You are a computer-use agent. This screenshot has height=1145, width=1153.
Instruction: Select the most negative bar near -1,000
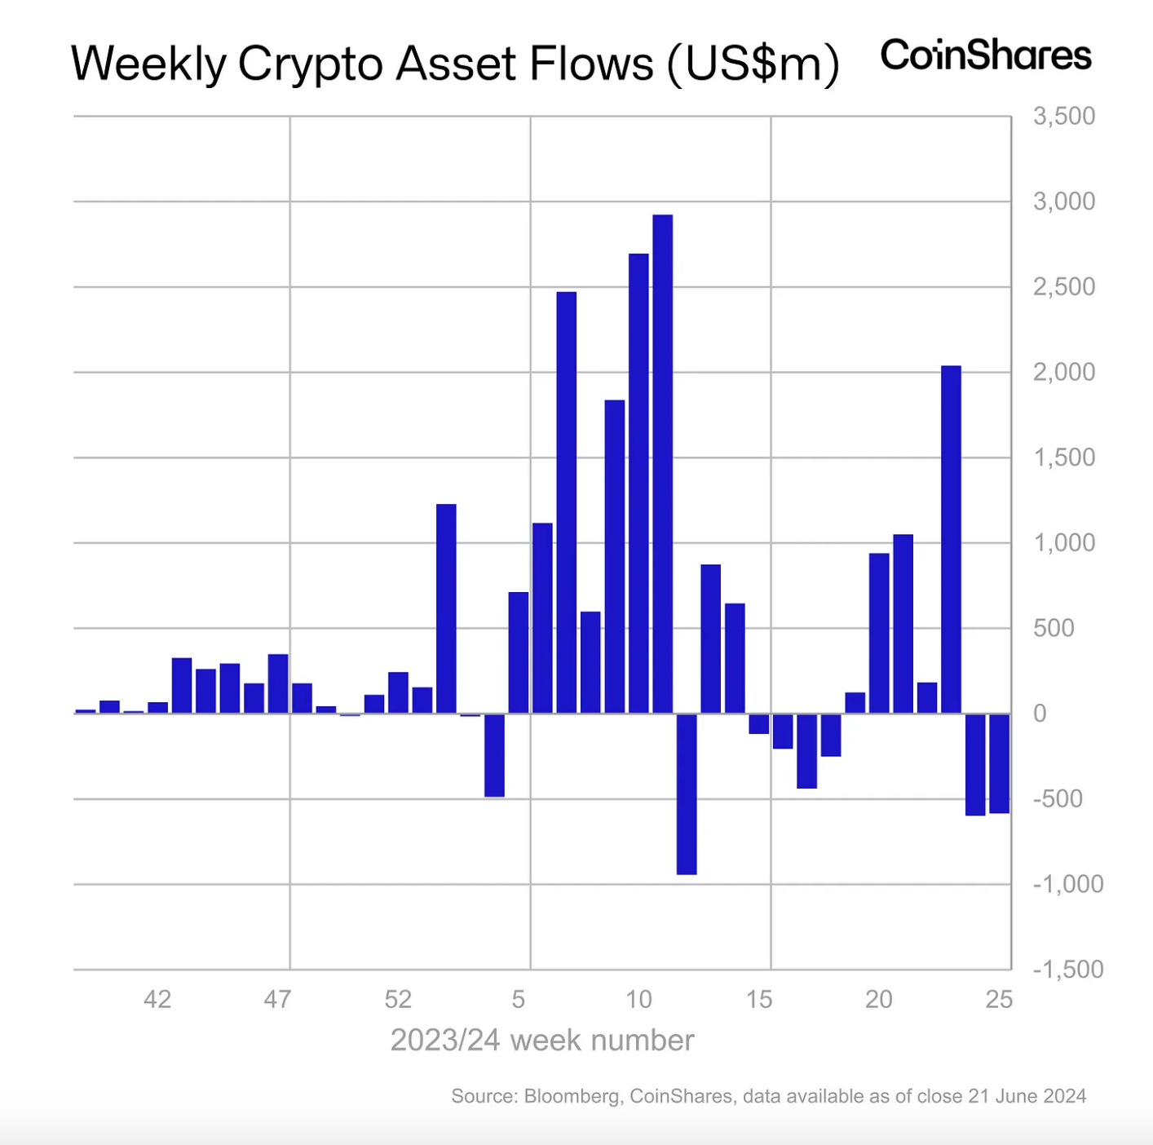(x=687, y=794)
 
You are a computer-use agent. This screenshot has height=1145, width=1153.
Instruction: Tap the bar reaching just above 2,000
(x=951, y=539)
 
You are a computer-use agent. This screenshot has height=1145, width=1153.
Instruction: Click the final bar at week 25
(x=999, y=763)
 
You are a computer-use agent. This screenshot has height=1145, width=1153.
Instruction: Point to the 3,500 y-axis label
(x=1063, y=117)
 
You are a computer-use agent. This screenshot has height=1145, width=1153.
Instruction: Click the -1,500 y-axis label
(x=1067, y=970)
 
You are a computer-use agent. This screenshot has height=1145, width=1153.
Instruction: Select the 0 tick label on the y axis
(x=1040, y=714)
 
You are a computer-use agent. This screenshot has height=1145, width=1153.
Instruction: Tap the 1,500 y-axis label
(x=1063, y=458)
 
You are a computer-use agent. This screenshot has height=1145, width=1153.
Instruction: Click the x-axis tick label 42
(x=157, y=999)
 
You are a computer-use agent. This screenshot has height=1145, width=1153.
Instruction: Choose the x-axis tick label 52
(x=398, y=999)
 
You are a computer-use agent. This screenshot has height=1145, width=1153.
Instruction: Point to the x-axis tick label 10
(x=638, y=999)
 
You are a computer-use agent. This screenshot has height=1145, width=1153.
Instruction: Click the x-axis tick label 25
(x=999, y=999)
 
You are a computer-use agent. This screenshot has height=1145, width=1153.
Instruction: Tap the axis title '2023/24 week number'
(x=542, y=1041)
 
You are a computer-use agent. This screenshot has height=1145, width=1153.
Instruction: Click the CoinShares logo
(x=985, y=55)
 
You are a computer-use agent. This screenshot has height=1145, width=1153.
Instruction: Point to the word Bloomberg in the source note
(x=572, y=1096)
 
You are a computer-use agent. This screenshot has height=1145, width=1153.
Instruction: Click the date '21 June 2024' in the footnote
(x=1027, y=1096)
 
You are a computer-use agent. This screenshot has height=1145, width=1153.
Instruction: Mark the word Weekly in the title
(x=148, y=64)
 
